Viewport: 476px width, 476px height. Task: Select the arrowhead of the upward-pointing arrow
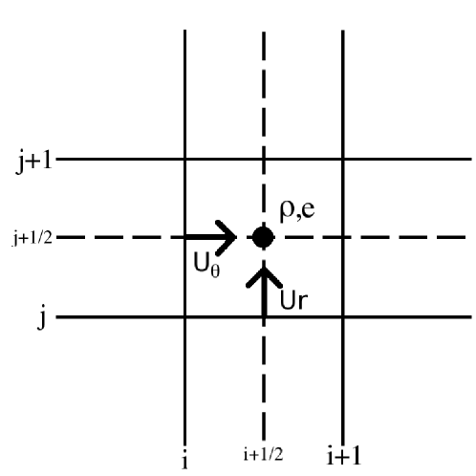(264, 272)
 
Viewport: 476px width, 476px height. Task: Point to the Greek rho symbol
(286, 213)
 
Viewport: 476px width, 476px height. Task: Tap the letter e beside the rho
(308, 212)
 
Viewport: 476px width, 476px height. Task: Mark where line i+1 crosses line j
(343, 316)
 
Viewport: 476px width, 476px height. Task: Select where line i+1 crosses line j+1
(343, 159)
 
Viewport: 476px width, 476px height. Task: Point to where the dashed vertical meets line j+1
(264, 159)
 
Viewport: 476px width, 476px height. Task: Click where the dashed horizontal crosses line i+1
(343, 236)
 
